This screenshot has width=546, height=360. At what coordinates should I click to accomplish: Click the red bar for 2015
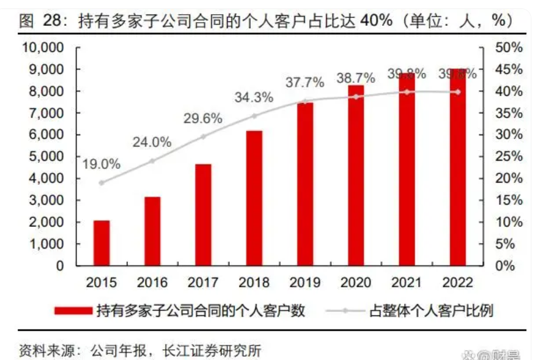(101, 243)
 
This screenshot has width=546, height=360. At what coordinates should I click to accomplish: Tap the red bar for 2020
(356, 175)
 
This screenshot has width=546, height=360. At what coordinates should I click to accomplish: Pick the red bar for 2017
(203, 215)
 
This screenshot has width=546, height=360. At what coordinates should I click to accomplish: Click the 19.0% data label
(101, 165)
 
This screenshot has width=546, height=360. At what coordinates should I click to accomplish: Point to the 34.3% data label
(254, 97)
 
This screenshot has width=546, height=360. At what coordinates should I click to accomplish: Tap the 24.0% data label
(152, 143)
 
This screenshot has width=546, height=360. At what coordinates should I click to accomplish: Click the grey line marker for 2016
(152, 161)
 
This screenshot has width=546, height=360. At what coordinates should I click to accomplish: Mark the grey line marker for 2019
(305, 101)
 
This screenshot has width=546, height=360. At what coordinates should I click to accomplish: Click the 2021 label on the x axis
(407, 282)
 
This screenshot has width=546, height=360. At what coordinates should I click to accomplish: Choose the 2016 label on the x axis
(152, 282)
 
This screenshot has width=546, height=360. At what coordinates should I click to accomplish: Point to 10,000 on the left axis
(43, 47)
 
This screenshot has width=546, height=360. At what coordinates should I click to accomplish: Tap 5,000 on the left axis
(47, 157)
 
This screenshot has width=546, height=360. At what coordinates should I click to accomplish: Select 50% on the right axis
(508, 47)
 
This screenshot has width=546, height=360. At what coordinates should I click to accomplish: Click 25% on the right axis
(508, 157)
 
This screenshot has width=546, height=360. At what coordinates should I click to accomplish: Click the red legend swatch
(73, 310)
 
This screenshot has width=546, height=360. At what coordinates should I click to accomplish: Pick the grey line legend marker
(345, 310)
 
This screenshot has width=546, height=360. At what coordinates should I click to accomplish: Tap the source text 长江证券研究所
(212, 350)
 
